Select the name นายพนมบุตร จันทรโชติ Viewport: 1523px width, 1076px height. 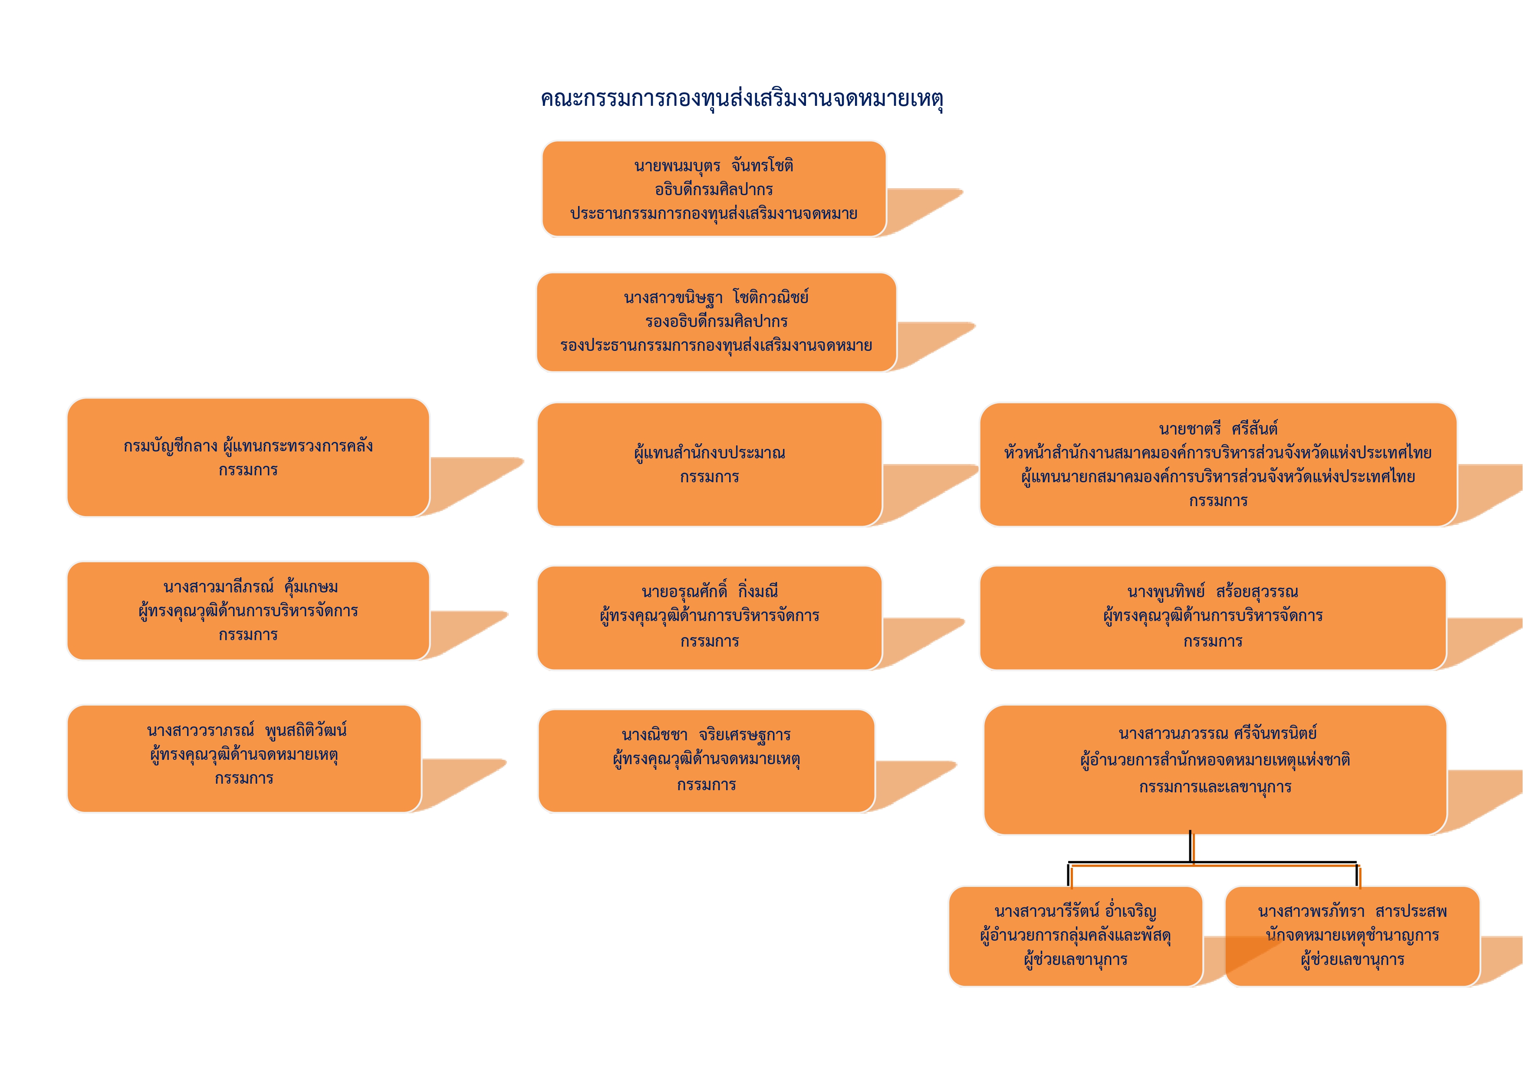(713, 166)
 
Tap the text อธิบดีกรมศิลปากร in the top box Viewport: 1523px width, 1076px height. (714, 190)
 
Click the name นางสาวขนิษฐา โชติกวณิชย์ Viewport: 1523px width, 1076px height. (716, 298)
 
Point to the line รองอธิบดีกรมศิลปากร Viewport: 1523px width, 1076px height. (716, 321)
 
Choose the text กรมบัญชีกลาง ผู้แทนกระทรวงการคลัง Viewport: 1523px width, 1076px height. (248, 446)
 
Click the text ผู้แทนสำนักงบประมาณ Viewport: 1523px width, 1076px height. (709, 454)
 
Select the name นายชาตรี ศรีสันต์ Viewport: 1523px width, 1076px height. (1218, 429)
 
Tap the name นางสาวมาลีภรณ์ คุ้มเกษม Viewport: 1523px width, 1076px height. (251, 587)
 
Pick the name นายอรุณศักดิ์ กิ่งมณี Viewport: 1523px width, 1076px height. (709, 592)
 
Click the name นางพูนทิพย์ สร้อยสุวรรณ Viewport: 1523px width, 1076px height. (1213, 592)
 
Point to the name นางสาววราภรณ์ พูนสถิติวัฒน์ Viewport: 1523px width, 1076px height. (247, 731)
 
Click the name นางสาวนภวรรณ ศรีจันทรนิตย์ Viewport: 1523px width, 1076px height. (1217, 734)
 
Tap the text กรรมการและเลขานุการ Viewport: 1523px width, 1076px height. (1215, 788)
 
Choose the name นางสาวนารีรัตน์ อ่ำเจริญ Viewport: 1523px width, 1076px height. (1075, 912)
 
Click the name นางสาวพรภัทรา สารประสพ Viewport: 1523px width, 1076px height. (1352, 912)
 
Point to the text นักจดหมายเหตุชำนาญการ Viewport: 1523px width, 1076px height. (1352, 935)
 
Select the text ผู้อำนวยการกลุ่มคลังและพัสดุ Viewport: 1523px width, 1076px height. (1075, 935)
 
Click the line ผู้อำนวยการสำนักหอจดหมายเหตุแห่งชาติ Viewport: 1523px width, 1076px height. (1215, 760)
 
